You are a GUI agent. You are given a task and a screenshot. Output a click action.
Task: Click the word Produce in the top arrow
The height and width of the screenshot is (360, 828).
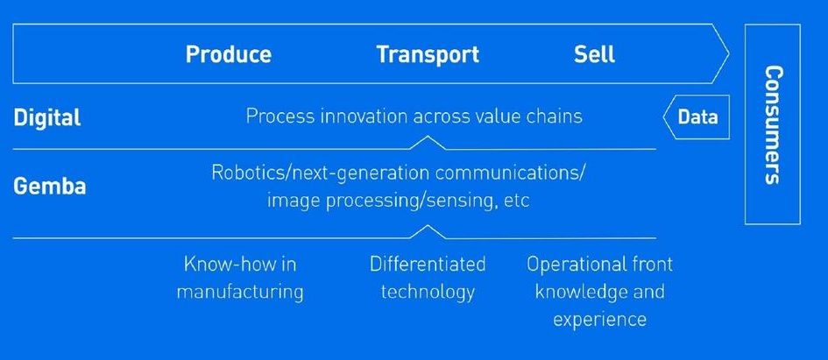229,54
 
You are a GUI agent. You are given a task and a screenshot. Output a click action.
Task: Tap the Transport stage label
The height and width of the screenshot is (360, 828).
428,54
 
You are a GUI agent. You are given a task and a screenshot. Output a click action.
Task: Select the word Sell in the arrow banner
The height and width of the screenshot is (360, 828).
595,54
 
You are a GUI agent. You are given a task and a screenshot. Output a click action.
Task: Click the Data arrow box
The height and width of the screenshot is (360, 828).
697,117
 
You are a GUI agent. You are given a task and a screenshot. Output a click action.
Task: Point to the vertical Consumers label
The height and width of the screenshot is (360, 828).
773,124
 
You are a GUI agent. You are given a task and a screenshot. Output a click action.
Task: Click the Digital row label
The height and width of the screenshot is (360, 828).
47,117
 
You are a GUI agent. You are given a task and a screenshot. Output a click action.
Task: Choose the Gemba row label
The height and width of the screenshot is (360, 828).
50,187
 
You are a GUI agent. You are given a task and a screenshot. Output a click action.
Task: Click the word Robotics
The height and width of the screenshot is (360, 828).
246,173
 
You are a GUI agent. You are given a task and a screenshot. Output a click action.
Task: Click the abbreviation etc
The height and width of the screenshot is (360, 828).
516,202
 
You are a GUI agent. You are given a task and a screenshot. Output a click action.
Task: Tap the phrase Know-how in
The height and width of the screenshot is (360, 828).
240,264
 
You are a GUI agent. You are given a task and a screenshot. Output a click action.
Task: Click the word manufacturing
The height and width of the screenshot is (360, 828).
240,293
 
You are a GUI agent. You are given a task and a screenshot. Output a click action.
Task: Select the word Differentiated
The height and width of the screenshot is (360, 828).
428,264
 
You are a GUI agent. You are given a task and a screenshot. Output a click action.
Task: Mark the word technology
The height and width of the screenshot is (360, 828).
428,293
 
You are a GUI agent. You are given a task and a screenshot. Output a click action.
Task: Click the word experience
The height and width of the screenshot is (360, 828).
599,321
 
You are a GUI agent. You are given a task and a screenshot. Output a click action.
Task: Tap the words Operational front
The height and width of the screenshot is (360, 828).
599,264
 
